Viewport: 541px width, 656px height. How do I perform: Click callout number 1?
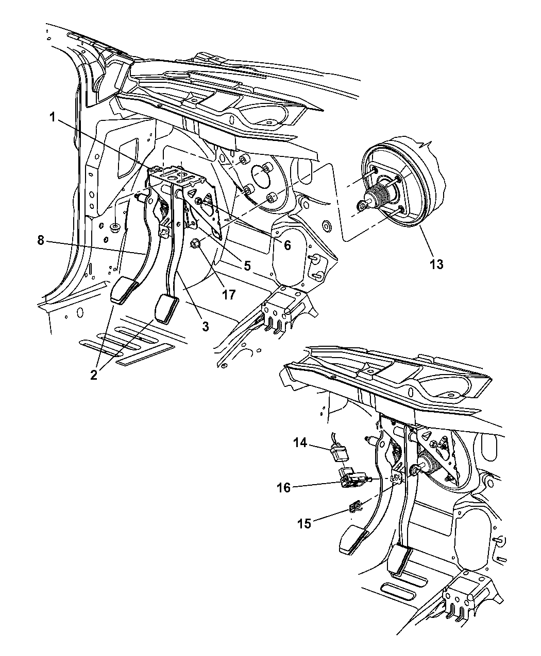(52, 117)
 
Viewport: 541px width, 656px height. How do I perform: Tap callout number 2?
(93, 375)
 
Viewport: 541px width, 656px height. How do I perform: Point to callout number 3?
(205, 326)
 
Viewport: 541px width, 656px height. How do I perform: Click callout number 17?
(228, 294)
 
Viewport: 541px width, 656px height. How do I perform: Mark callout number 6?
(287, 245)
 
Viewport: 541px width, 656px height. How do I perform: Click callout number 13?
(436, 264)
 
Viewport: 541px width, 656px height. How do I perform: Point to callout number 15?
(305, 524)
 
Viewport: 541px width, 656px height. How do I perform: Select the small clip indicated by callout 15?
(356, 508)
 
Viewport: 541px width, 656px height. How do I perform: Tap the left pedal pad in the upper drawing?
(124, 291)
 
